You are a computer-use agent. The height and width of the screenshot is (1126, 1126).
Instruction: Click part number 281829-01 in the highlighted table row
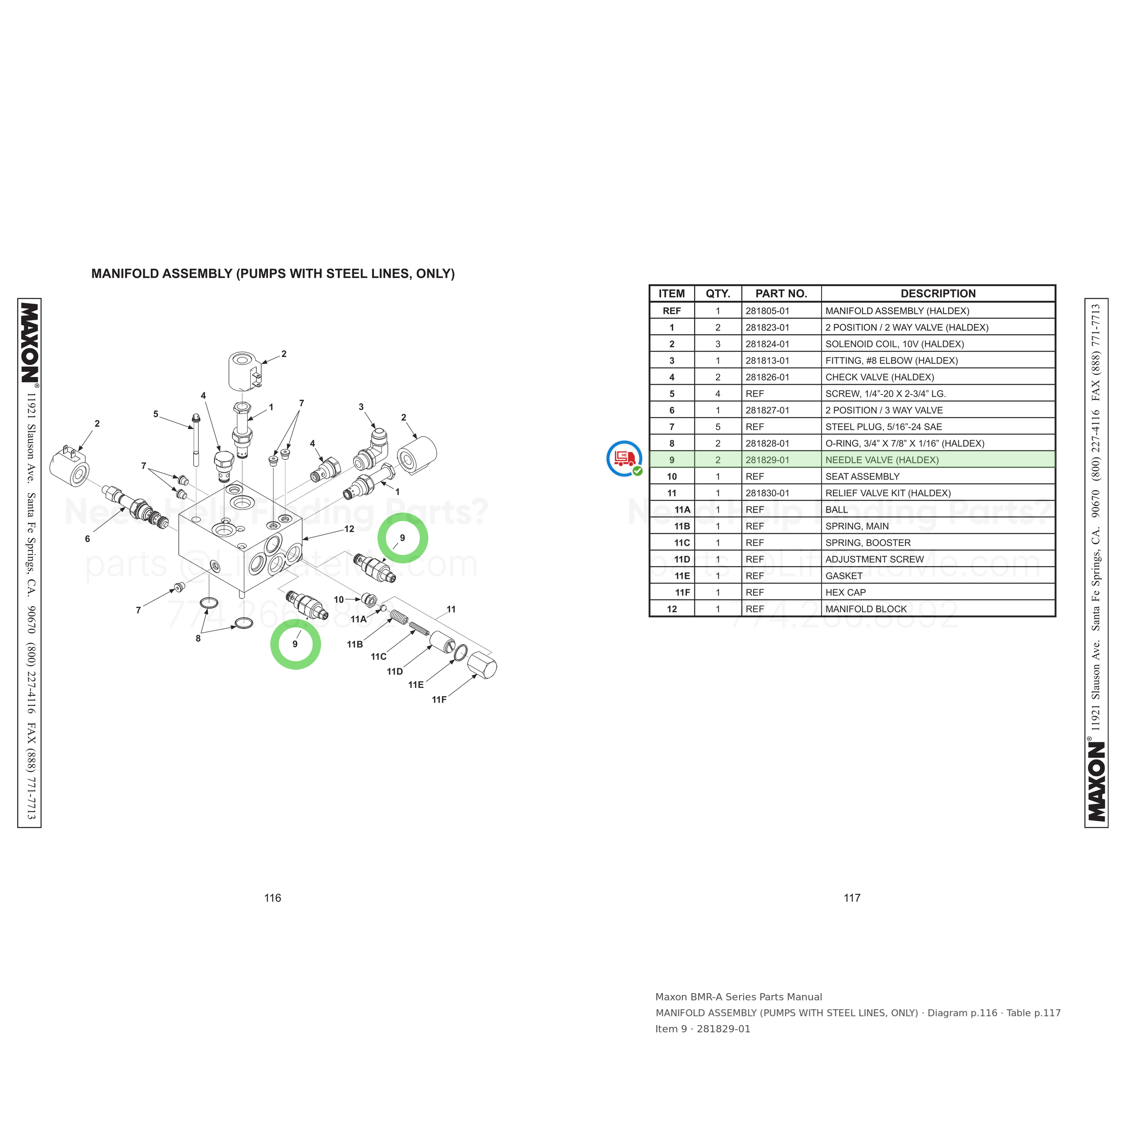pos(767,460)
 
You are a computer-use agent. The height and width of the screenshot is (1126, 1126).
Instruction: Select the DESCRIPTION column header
pos(938,294)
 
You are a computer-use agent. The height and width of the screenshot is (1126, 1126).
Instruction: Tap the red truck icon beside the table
pos(624,458)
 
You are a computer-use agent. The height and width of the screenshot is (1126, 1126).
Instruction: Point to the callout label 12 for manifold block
pos(349,529)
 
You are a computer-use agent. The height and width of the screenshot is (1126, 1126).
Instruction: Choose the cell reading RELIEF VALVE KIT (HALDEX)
pos(888,493)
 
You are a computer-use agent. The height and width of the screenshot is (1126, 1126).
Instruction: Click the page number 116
pos(273,898)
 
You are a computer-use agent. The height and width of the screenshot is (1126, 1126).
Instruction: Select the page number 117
pos(852,898)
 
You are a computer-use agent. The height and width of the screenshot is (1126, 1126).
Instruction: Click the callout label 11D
pos(395,672)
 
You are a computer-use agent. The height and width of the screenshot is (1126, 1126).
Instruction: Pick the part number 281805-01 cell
pos(767,311)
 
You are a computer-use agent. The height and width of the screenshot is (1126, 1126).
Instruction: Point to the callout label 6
pos(87,539)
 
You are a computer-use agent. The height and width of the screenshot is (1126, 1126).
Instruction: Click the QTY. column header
pos(718,294)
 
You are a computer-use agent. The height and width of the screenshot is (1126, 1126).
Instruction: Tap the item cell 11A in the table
pos(682,509)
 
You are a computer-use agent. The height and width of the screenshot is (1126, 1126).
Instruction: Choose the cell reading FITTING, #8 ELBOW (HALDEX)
pos(891,361)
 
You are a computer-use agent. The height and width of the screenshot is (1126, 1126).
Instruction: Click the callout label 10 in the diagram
pos(339,600)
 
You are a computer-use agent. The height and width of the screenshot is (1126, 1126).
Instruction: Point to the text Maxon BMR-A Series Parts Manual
pos(738,997)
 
